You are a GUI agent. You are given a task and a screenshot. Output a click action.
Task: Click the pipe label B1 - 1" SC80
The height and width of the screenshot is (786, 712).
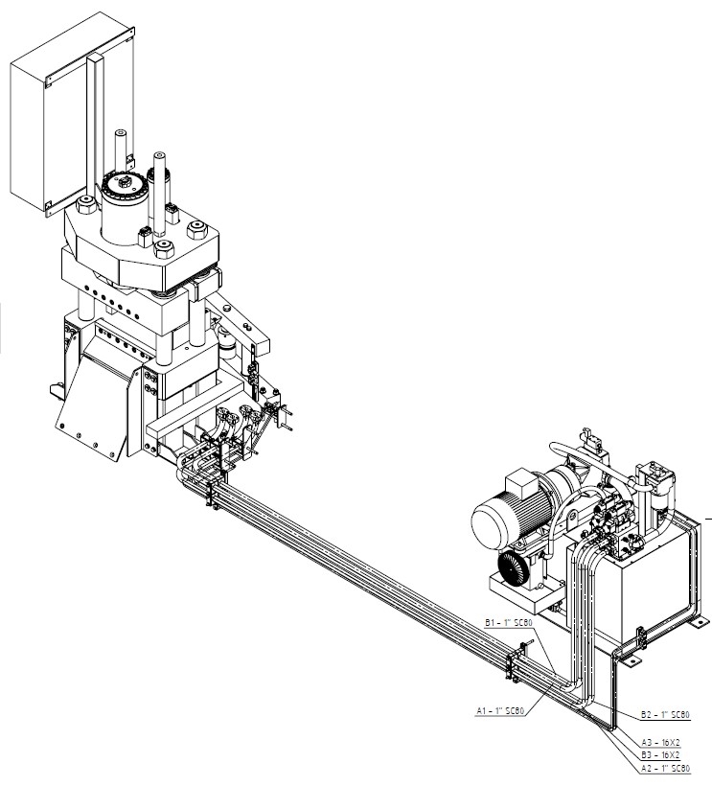[508, 623]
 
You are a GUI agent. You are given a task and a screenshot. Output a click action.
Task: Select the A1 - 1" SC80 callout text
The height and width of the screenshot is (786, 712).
[500, 711]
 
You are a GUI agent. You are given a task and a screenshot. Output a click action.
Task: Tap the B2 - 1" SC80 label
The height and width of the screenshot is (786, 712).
[665, 714]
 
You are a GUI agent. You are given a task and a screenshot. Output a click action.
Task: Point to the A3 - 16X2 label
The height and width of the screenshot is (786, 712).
[660, 743]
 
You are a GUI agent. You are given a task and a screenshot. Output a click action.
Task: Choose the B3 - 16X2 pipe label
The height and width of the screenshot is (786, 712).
[660, 755]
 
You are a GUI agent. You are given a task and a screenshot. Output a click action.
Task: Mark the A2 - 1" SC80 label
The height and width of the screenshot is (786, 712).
[665, 768]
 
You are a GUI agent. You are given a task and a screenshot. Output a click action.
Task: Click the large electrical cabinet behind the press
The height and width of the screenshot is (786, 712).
[72, 114]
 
